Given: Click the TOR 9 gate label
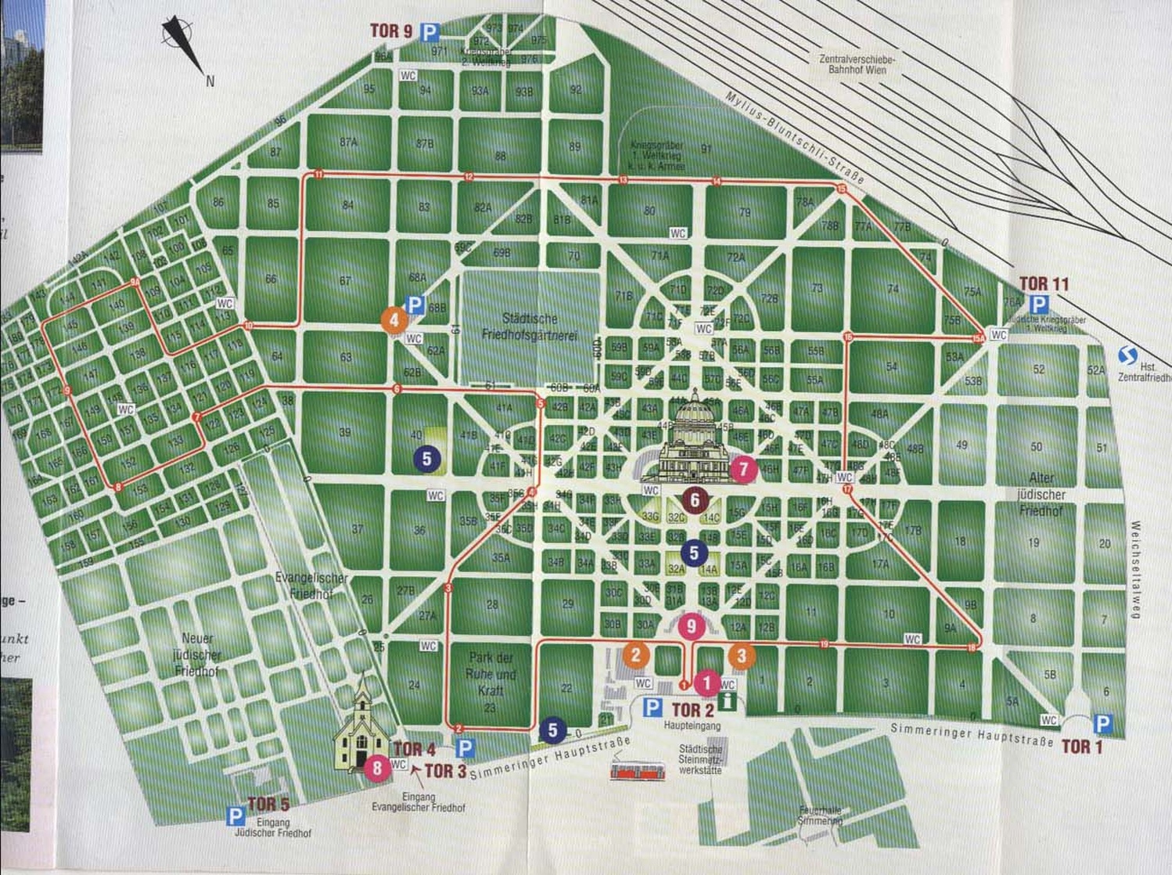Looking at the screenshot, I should click(391, 31).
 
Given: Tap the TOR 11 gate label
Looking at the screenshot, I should click(1044, 284).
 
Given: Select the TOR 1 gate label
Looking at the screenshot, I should click(1081, 747).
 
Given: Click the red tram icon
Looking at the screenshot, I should click(638, 772).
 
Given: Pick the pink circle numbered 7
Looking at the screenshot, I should click(743, 470).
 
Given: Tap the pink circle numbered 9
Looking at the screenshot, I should click(691, 626).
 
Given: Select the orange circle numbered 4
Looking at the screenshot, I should click(394, 319).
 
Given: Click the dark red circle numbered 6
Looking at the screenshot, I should click(694, 499).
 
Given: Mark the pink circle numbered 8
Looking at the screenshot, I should click(377, 768).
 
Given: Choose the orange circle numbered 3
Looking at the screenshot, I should click(742, 656).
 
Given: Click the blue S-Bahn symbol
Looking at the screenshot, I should click(1127, 357).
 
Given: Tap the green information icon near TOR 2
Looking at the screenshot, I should click(727, 700).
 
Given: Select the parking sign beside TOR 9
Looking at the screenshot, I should click(430, 32).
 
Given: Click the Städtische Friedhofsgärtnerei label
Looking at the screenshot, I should click(530, 326).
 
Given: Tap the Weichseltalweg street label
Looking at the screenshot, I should click(1135, 569).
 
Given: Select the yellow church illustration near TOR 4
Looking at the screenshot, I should click(361, 728).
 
